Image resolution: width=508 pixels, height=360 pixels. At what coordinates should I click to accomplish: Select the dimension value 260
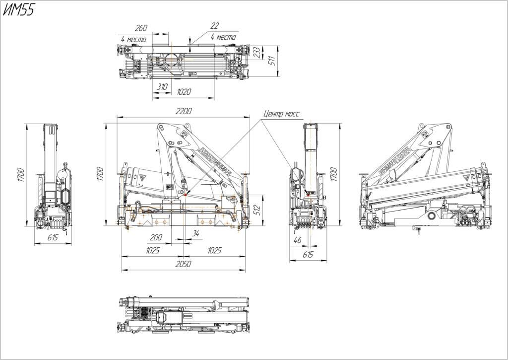(x=141, y=28)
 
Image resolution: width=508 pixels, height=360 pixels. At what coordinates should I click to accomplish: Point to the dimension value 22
(x=214, y=26)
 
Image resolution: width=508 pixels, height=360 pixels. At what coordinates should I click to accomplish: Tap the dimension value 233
(x=256, y=52)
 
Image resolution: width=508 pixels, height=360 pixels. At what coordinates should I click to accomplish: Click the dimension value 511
(x=271, y=61)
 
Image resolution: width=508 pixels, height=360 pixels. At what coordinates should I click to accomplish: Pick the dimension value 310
(x=162, y=86)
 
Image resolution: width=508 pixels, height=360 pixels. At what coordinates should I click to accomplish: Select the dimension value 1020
(x=184, y=92)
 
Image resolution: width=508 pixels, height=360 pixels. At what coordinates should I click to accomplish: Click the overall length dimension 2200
(x=183, y=111)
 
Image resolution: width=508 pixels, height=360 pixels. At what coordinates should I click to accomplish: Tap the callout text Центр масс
(x=281, y=114)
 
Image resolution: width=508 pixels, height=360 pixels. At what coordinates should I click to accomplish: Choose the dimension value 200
(x=156, y=238)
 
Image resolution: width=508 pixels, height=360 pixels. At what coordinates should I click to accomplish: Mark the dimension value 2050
(x=183, y=265)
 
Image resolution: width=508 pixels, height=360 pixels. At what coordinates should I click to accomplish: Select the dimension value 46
(x=297, y=240)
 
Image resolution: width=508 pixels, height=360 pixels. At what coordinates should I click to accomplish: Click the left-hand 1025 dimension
(x=152, y=251)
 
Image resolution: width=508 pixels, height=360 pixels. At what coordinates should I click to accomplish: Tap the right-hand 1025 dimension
(x=214, y=251)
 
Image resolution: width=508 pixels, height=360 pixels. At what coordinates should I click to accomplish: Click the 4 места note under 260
(x=133, y=39)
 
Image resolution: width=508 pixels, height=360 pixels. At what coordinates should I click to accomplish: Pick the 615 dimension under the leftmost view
(x=53, y=238)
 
